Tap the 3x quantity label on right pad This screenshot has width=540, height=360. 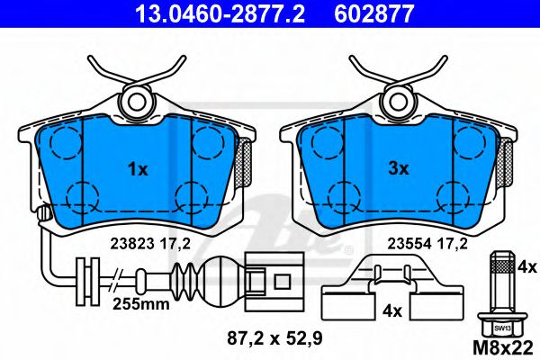398,167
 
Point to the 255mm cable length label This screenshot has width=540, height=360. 142,304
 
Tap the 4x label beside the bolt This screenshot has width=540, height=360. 527,267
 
